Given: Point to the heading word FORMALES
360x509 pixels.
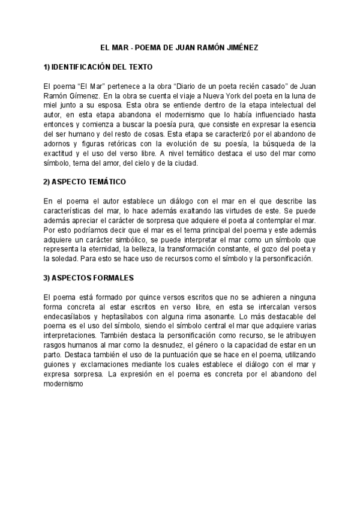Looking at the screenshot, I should (113, 278).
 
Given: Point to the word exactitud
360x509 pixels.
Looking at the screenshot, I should (60, 153).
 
